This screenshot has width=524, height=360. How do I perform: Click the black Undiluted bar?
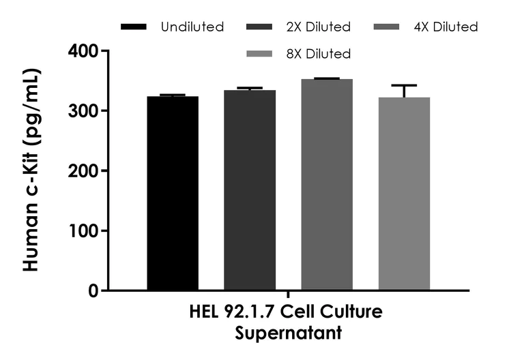point(173,194)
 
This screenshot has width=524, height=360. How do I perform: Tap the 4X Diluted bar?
point(327,185)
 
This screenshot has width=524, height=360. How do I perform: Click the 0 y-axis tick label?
point(93,291)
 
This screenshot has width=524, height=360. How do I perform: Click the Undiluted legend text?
point(192,27)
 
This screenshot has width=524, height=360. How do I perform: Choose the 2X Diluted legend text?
point(319,27)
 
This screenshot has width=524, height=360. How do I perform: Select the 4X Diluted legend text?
point(446,27)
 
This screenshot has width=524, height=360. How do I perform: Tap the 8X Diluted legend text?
point(319,53)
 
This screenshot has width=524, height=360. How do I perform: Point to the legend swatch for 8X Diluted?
point(261,53)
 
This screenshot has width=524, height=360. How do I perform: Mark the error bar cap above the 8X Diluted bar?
point(404,85)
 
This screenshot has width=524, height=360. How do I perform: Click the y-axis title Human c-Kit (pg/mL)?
point(31,170)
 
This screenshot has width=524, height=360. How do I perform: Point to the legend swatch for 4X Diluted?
point(388,27)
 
